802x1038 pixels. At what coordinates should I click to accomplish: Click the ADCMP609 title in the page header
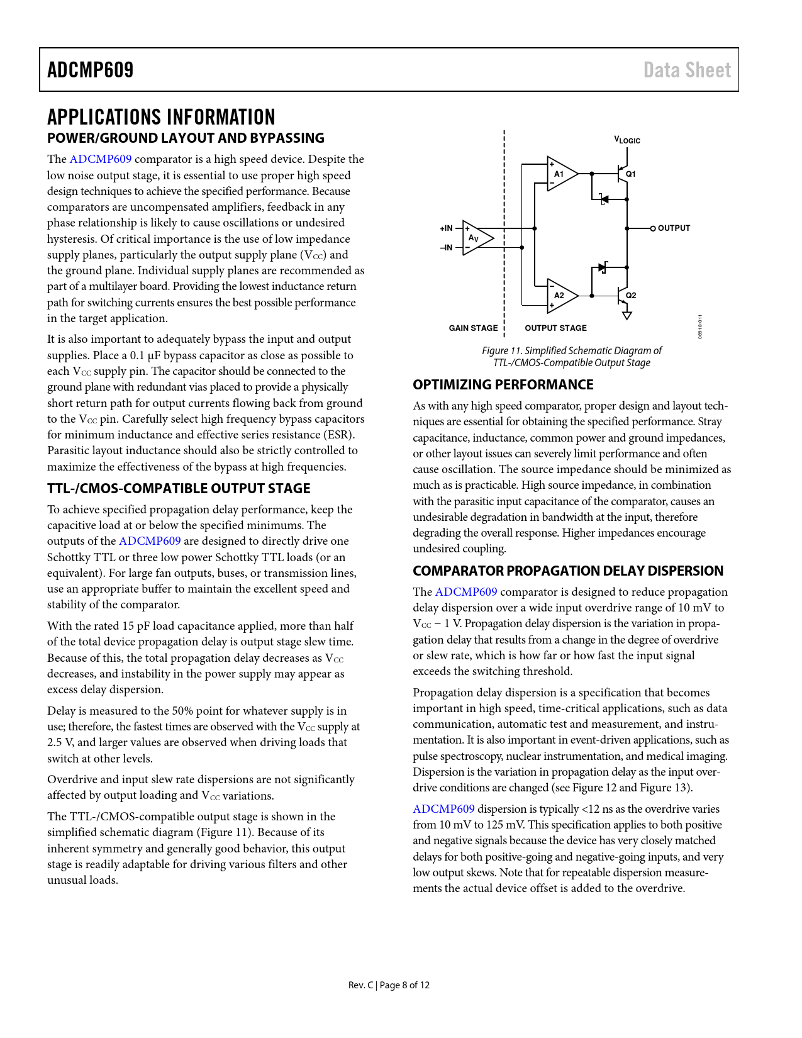point(91,70)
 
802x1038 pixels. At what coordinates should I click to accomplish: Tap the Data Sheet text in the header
point(687,70)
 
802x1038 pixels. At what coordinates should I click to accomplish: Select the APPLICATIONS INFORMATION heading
point(161,117)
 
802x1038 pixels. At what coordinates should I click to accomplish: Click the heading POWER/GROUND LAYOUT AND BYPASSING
point(186,138)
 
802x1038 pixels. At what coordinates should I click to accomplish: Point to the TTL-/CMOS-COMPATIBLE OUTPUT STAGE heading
point(179,489)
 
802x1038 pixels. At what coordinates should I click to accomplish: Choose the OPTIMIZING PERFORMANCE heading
point(503,385)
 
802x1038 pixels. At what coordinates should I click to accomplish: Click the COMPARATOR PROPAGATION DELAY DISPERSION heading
point(567,571)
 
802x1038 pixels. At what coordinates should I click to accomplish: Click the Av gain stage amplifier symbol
point(476,238)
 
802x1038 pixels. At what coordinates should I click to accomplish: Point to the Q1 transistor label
point(631,174)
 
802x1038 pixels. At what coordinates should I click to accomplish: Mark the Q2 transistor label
point(631,296)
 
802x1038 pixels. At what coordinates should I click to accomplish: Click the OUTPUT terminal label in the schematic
point(674,228)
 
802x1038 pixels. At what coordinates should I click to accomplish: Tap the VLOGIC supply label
point(627,140)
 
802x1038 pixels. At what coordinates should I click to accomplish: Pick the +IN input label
point(446,228)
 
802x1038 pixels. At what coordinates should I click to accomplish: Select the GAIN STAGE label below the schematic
point(473,328)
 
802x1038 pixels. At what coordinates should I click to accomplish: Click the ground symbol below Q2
point(627,315)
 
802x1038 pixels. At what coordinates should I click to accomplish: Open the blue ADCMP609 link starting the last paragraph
point(443,809)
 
